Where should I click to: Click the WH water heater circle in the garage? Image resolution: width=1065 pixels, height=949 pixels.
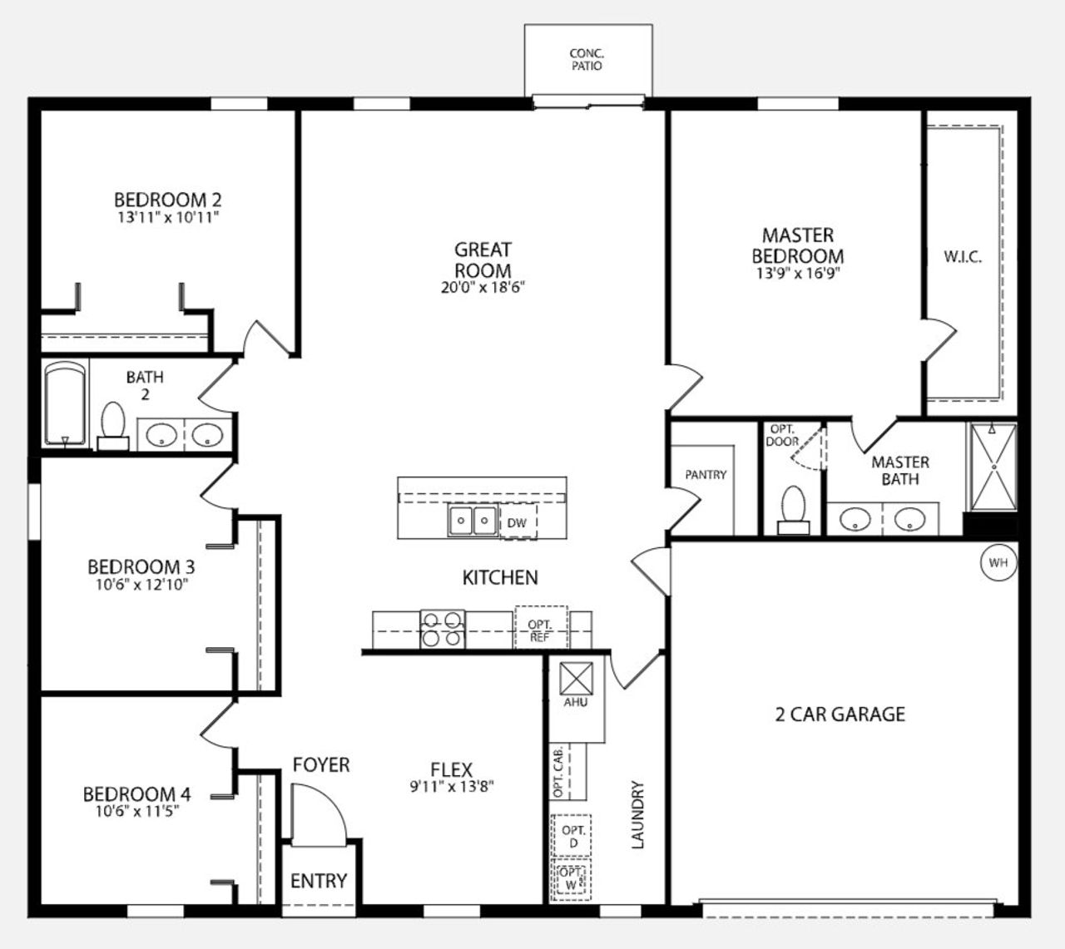pyautogui.click(x=998, y=563)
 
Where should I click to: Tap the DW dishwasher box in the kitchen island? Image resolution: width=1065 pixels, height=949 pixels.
pyautogui.click(x=518, y=523)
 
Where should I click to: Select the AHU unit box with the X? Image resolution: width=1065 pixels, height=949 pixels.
pyautogui.click(x=575, y=678)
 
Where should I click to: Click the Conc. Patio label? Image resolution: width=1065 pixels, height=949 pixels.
pyautogui.click(x=587, y=59)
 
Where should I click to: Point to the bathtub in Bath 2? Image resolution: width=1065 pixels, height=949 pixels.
pyautogui.click(x=65, y=404)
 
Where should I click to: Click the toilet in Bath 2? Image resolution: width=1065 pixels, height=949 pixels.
pyautogui.click(x=112, y=425)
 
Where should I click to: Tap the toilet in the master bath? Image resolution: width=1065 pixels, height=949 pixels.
pyautogui.click(x=793, y=509)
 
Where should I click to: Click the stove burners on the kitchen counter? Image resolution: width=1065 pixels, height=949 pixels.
pyautogui.click(x=442, y=629)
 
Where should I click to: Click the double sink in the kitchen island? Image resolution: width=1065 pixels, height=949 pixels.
pyautogui.click(x=472, y=521)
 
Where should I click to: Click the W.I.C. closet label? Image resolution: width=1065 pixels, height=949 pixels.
pyautogui.click(x=963, y=257)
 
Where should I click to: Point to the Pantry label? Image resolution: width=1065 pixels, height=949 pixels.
pyautogui.click(x=706, y=475)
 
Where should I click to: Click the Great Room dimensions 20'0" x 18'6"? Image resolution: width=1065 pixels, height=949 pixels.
pyautogui.click(x=483, y=288)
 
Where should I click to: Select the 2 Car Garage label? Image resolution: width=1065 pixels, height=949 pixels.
pyautogui.click(x=840, y=714)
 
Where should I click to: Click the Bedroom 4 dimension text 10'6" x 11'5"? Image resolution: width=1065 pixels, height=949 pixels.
pyautogui.click(x=137, y=811)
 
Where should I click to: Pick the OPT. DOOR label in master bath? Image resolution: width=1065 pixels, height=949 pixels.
pyautogui.click(x=782, y=436)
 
